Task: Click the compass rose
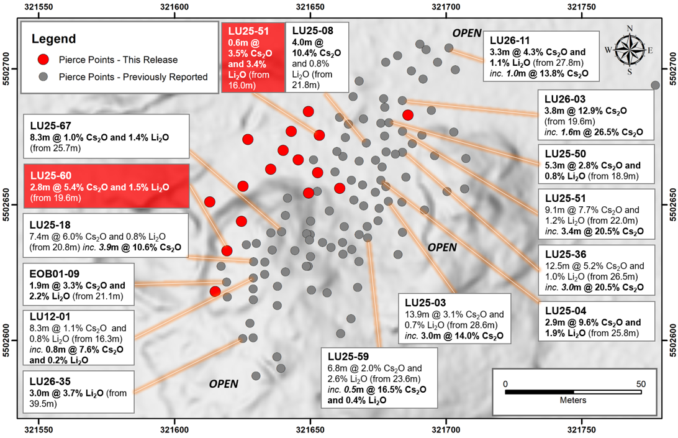click(x=629, y=50)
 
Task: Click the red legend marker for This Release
click(x=43, y=60)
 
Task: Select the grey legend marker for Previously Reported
click(x=43, y=76)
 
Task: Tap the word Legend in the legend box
click(x=53, y=39)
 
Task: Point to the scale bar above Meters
click(x=573, y=392)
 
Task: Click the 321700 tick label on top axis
click(x=446, y=7)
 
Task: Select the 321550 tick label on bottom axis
click(x=39, y=430)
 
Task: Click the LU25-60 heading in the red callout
click(x=50, y=176)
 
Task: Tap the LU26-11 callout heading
click(x=510, y=40)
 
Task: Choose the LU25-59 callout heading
click(x=348, y=357)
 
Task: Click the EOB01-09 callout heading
click(x=55, y=274)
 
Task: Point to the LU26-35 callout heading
click(x=50, y=381)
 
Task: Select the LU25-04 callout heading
click(x=566, y=311)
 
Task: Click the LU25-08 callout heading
click(x=313, y=30)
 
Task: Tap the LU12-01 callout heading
click(x=50, y=317)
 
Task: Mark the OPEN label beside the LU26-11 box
click(x=467, y=34)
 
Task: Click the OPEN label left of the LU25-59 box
click(x=224, y=384)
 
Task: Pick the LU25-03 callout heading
click(x=425, y=303)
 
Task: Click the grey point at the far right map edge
click(x=656, y=85)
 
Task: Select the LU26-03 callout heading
click(x=565, y=99)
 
